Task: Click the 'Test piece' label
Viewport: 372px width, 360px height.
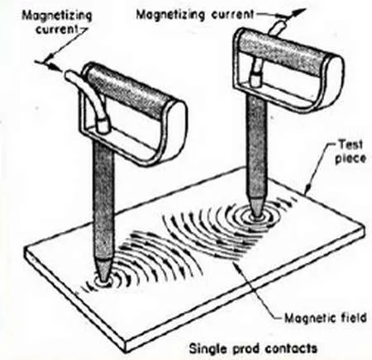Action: (x=351, y=152)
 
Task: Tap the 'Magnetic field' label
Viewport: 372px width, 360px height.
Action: (x=325, y=318)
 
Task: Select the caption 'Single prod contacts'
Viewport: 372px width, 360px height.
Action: (x=253, y=348)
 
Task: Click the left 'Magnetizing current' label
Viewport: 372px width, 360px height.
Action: (x=56, y=22)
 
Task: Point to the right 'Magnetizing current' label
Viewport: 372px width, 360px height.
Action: (x=195, y=14)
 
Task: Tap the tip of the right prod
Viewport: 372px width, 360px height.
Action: (x=257, y=216)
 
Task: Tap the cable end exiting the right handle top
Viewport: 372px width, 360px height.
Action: (x=279, y=28)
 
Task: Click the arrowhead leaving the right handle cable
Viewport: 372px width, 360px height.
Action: (x=298, y=12)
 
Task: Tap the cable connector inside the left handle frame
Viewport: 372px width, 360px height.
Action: (x=103, y=126)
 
